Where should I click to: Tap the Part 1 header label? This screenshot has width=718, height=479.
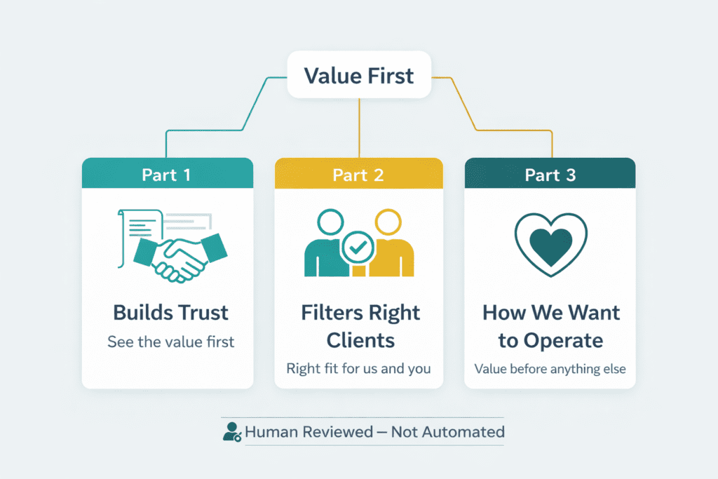(166, 175)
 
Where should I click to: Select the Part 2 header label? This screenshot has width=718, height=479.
(358, 175)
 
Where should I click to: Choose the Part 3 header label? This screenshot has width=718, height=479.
(550, 175)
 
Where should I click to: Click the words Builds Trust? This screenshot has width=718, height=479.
(171, 312)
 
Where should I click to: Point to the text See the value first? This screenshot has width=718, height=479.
(170, 342)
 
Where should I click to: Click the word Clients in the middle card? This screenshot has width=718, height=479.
(358, 341)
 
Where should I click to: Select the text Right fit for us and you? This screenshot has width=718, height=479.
(358, 368)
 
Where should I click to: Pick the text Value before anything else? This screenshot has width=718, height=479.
(550, 368)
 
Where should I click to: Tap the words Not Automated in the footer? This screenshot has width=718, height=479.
(447, 431)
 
